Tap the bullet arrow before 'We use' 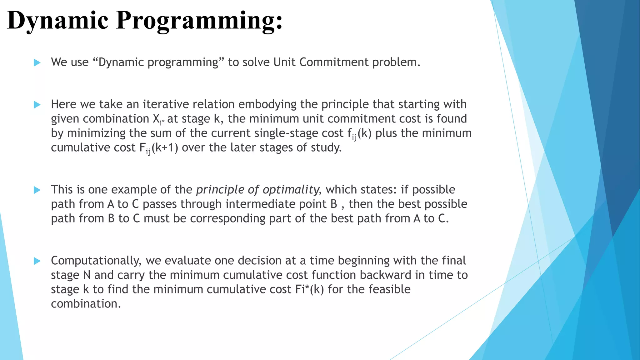tap(37, 62)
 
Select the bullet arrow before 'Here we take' tap(37, 105)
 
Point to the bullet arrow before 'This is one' tap(37, 190)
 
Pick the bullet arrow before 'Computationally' tap(37, 261)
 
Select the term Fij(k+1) tap(158, 148)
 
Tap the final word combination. tap(86, 304)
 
